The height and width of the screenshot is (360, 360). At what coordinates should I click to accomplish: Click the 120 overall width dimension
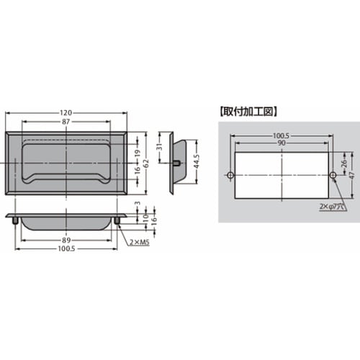click(x=66, y=112)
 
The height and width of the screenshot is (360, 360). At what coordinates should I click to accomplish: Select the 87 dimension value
click(x=66, y=122)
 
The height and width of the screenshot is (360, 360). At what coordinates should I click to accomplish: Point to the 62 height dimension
click(x=146, y=163)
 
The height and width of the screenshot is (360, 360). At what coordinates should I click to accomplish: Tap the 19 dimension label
click(x=137, y=153)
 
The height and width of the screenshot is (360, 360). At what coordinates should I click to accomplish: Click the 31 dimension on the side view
click(x=161, y=146)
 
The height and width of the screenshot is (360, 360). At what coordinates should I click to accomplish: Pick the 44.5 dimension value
click(x=197, y=162)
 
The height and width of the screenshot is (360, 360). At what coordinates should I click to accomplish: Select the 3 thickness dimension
click(x=138, y=203)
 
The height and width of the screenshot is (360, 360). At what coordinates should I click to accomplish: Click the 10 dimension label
click(x=146, y=218)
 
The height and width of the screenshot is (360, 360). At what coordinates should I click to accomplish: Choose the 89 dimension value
click(x=66, y=240)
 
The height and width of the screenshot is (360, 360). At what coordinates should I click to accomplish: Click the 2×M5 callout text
click(x=140, y=243)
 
